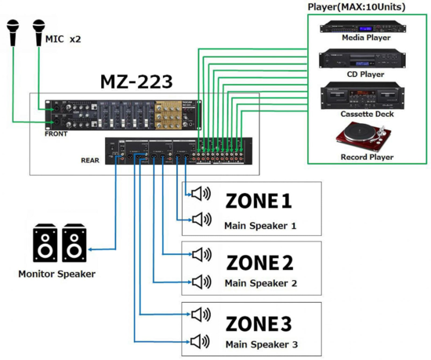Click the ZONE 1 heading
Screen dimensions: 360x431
(259, 202)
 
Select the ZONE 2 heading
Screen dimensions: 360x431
(259, 262)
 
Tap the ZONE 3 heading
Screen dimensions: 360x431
(259, 322)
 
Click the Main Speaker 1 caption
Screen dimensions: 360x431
(260, 225)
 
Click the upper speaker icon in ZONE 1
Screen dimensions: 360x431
(201, 194)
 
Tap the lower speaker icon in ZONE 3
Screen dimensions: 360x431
(201, 341)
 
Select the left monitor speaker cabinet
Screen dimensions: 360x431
(45, 243)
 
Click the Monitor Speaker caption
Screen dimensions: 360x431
(56, 274)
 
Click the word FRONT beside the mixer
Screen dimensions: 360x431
(56, 134)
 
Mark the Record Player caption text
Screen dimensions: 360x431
(367, 157)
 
